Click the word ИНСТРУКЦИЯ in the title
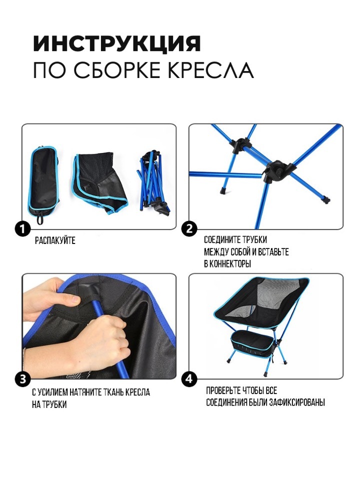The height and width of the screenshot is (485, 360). (x=117, y=43)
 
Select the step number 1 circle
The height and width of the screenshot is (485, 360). (x=22, y=229)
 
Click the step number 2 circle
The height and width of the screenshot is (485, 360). (x=189, y=229)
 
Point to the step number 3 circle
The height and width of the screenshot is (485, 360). (x=22, y=379)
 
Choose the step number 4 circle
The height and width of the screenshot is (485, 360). (x=189, y=379)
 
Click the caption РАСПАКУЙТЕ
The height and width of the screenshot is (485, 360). (x=55, y=240)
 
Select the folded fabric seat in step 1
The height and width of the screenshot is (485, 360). (x=99, y=182)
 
